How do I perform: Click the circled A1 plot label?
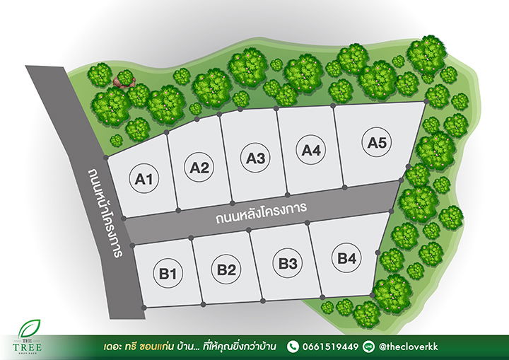click(x=144, y=180)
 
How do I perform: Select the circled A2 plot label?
click(x=200, y=168)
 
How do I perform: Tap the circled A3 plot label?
click(x=255, y=158)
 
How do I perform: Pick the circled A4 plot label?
click(x=311, y=150)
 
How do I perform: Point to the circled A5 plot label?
click(x=377, y=143)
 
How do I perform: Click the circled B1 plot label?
click(x=167, y=272)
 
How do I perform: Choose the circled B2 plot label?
click(x=226, y=269)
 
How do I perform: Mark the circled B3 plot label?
click(x=286, y=263)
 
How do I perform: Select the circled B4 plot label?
click(x=346, y=258)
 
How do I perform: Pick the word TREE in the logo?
click(x=28, y=347)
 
